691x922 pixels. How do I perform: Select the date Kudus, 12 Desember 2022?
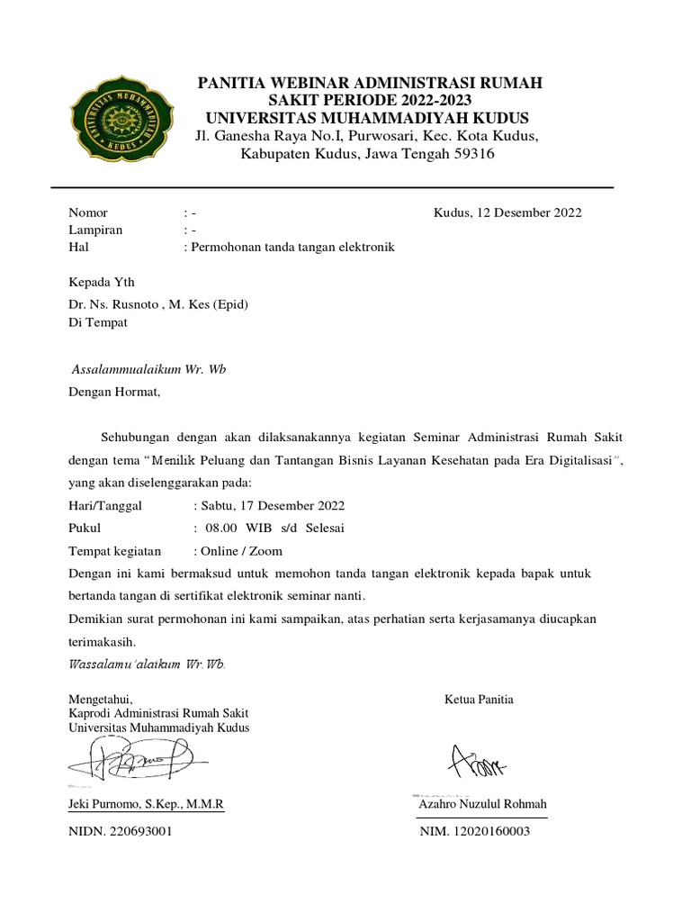pos(507,213)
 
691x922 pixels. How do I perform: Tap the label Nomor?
pos(88,213)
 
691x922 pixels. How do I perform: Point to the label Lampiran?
pos(95,230)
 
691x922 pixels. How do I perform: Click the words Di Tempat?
pos(98,321)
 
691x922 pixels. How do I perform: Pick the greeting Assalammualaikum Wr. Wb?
pos(148,370)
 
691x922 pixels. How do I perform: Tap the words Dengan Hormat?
pos(114,392)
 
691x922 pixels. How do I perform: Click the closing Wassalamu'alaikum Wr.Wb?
pos(147,664)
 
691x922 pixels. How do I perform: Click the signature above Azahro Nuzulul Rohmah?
pos(478,763)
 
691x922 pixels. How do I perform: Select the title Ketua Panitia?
pos(479,700)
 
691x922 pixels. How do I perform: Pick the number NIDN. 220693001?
pos(121,832)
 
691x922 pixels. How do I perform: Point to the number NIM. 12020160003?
pos(475,832)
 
